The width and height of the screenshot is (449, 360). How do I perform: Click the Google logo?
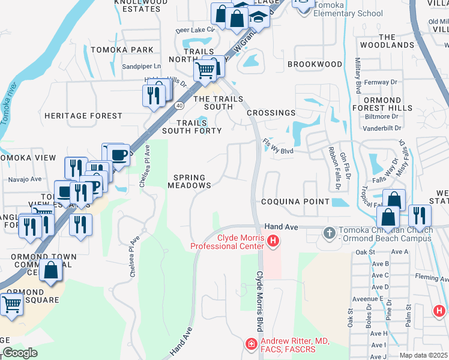click(x=19, y=353)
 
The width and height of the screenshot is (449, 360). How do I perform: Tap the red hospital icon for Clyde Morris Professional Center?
click(x=273, y=242)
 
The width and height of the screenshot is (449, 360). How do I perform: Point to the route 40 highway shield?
click(x=179, y=106)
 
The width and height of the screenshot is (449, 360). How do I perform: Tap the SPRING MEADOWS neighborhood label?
click(x=192, y=182)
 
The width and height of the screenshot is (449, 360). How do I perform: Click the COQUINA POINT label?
click(x=295, y=202)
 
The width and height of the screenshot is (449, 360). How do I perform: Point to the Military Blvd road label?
click(x=358, y=75)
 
